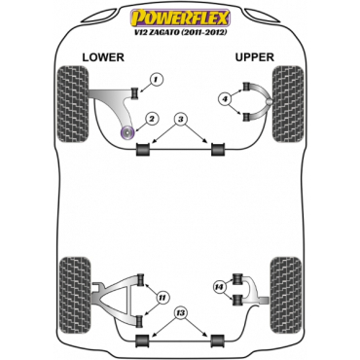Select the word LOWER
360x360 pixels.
click(102, 58)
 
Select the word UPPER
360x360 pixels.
click(255, 58)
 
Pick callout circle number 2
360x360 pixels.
click(152, 119)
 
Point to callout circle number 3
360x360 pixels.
click(180, 119)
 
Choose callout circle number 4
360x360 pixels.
click(225, 98)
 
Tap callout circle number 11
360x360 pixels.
click(162, 296)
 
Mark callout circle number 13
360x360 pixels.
click(180, 312)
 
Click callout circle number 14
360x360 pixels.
click(219, 287)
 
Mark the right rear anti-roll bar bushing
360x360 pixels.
click(213, 337)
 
